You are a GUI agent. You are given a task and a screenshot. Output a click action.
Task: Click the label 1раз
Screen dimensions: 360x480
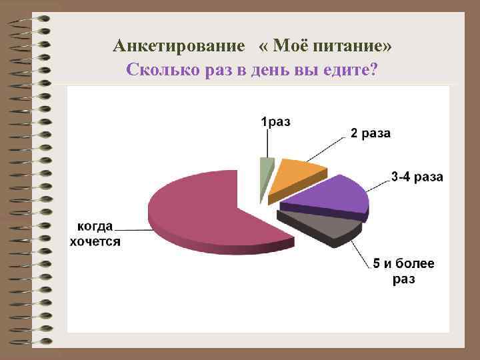coord(275,122)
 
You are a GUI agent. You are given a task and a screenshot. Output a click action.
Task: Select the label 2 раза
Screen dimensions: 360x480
coord(371,134)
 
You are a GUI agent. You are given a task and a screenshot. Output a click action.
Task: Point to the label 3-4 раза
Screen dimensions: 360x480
coord(417,177)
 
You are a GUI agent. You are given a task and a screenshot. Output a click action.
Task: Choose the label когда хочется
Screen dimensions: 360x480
coord(95,233)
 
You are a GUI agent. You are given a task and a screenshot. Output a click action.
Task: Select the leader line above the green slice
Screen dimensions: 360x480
coord(268,143)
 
